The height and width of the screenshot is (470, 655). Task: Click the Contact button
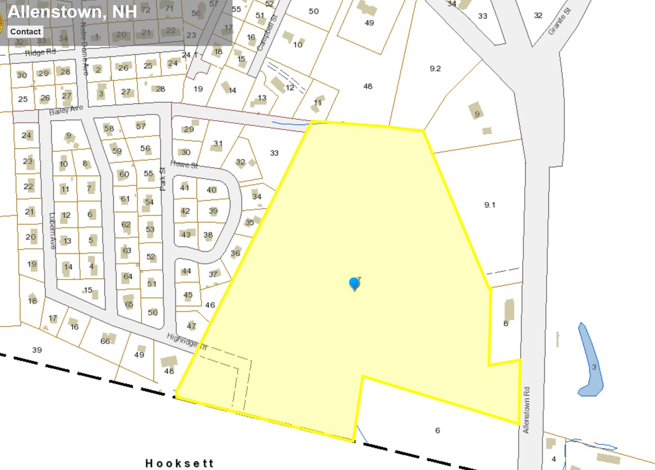pos(25,31)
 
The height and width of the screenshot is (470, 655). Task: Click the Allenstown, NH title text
pos(72,11)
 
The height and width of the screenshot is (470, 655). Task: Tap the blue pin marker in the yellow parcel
pos(354,284)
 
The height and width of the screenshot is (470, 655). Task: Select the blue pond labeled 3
pos(590,360)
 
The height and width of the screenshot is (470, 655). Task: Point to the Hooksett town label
pos(180,463)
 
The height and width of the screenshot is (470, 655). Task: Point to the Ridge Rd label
pos(40,52)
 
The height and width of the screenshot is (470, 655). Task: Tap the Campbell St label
pos(266,36)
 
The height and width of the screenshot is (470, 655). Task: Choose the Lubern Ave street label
pos(52,230)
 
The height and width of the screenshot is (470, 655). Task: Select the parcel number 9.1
pos(489,205)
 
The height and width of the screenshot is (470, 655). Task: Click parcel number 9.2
pos(435,68)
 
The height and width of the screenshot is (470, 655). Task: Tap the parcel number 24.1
pos(190,55)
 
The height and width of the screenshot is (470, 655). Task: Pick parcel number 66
pos(106,341)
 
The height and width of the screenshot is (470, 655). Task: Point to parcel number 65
pos(129,304)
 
